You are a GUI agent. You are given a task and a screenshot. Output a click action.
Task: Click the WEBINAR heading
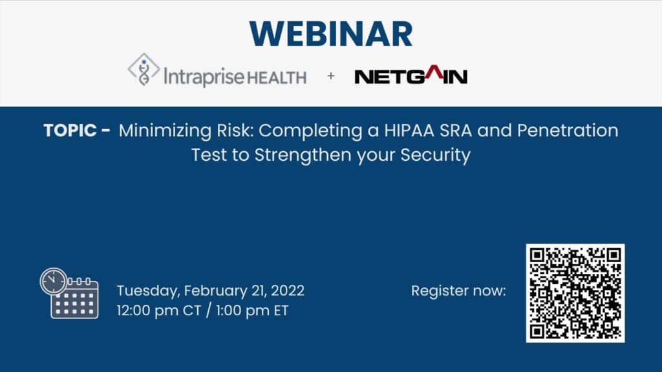(330, 32)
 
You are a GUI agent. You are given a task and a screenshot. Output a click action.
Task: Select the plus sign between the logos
(331, 76)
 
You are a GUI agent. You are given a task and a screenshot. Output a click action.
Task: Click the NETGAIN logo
(411, 77)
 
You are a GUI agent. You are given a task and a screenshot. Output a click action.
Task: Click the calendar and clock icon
(69, 294)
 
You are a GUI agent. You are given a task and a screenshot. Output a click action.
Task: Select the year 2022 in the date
(286, 291)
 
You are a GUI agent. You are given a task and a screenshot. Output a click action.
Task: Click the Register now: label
(458, 291)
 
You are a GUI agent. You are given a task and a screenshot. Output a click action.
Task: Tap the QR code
(575, 293)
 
